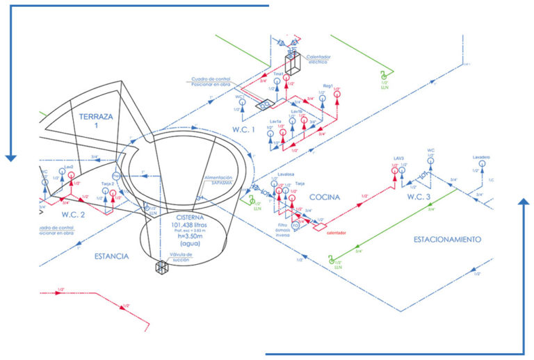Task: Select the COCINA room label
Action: [x=325, y=197]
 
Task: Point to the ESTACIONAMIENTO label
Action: [x=447, y=239]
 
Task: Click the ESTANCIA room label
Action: [x=112, y=256]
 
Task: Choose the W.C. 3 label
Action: [x=419, y=197]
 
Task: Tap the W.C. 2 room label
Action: [x=72, y=214]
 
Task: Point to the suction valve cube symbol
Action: [x=162, y=268]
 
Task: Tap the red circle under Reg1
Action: [x=337, y=95]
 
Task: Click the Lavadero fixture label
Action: [x=481, y=157]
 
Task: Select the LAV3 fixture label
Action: [x=398, y=158]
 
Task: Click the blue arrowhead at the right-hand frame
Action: [x=524, y=202]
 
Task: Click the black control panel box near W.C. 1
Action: [x=264, y=105]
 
